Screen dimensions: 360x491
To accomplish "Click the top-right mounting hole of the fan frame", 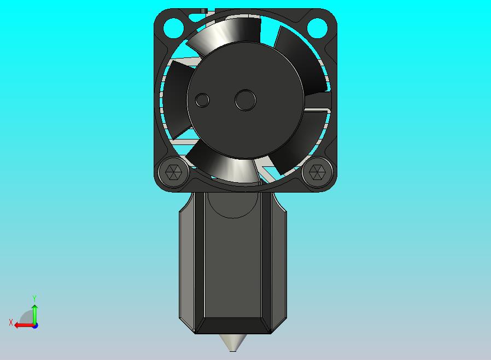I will coord(317,26).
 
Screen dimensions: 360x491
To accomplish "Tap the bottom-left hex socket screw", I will coord(173,173).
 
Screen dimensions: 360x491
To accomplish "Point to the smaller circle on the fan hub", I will coord(202,100).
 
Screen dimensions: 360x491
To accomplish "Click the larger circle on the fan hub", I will coord(245,100).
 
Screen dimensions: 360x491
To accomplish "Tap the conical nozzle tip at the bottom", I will coord(233,343).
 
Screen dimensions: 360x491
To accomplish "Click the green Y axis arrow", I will coord(34,313).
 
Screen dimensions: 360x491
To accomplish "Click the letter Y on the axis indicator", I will coord(34,298).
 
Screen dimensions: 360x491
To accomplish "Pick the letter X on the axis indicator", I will coord(11,323).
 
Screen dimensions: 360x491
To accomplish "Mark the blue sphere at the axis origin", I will coord(34,325).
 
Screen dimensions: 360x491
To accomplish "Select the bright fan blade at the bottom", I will coord(230,167).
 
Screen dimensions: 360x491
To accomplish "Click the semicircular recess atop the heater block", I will coord(233,205).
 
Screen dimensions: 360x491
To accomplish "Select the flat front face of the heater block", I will coord(233,263).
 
